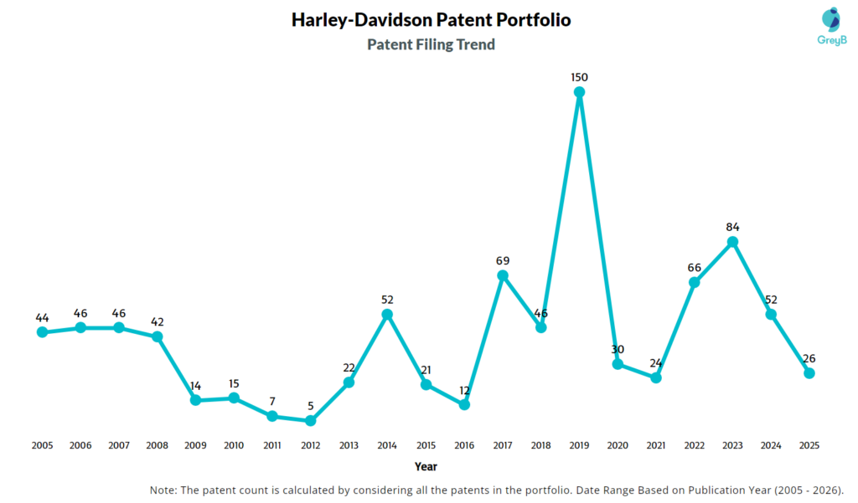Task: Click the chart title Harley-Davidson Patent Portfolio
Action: point(431,19)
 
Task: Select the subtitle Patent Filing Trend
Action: point(431,44)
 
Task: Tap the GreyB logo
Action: point(830,30)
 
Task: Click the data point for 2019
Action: point(579,93)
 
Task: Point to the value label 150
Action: point(579,77)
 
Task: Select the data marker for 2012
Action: point(311,420)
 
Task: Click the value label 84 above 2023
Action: point(732,227)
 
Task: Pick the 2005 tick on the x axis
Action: point(42,445)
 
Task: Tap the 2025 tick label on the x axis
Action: point(809,445)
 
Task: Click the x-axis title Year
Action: point(425,466)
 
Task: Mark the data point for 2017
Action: point(503,275)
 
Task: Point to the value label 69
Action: point(503,260)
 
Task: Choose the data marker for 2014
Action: point(387,315)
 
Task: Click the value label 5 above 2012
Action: point(311,405)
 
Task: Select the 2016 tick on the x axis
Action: point(463,445)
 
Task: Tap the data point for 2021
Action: point(656,377)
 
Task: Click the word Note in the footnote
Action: point(163,490)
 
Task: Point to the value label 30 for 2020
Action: point(618,349)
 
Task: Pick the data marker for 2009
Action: point(195,400)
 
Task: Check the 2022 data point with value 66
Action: point(694,283)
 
